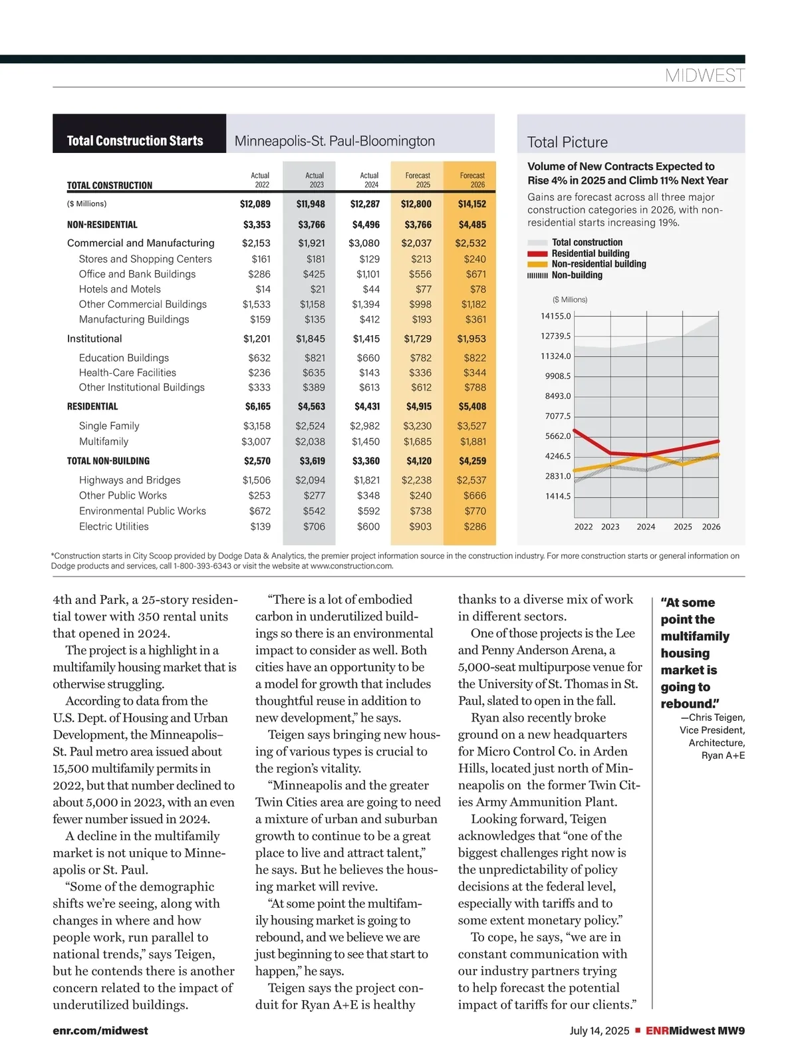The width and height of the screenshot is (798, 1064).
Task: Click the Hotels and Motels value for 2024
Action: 371,289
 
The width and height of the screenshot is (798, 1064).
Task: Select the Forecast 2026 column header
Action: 472,180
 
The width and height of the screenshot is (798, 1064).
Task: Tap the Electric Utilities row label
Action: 114,527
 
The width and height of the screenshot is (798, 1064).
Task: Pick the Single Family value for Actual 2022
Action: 257,426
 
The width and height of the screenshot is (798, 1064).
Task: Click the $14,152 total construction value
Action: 471,204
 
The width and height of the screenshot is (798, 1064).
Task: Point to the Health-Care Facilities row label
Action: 128,373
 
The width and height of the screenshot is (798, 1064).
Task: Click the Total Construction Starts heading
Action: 135,141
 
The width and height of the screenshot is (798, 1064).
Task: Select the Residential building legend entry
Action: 590,253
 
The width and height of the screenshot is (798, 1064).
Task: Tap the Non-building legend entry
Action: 577,275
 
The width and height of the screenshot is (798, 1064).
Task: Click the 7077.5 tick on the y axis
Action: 558,416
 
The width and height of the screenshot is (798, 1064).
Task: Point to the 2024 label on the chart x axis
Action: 646,527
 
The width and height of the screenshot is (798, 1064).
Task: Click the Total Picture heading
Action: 567,142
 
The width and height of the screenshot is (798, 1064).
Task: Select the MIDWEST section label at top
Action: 705,76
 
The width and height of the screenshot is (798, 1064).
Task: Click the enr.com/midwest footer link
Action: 100,1031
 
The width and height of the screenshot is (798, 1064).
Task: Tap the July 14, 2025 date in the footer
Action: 599,1031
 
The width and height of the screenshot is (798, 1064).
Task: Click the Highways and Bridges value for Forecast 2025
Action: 416,480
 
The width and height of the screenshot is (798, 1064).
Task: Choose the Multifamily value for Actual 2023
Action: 311,442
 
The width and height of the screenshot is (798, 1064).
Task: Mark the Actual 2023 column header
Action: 315,180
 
